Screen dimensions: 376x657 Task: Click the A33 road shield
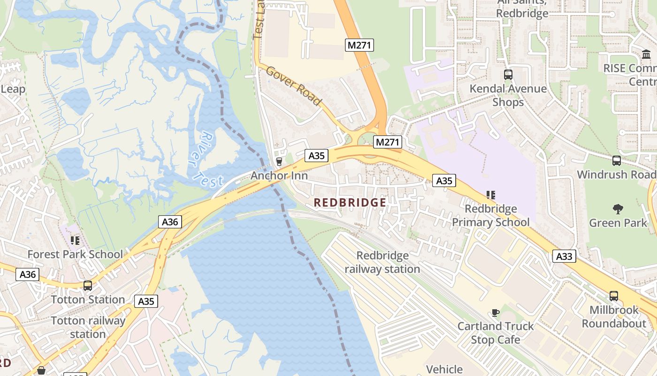coord(564,256)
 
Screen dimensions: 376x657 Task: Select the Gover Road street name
coord(294,86)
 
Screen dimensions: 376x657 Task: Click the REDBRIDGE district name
coord(350,203)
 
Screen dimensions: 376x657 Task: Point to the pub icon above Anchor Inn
coord(279,162)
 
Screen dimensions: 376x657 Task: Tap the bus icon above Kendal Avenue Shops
coord(508,74)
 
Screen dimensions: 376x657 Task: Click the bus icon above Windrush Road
coord(617,160)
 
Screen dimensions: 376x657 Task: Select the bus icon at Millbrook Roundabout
coord(613,296)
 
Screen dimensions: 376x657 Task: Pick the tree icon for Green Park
coord(618,209)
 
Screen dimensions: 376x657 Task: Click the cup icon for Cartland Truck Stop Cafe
coord(495,313)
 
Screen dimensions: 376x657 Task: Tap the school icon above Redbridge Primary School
coord(491,195)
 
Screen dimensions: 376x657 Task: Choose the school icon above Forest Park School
coord(75,241)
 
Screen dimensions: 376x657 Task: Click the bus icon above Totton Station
coord(87,285)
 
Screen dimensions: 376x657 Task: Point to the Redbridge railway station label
coord(382,262)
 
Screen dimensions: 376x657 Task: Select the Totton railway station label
coord(88,327)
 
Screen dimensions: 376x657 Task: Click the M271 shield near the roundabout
coord(388,141)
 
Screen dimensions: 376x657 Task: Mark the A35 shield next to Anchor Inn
coord(316,156)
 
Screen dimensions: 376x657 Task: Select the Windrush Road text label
coord(616,174)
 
